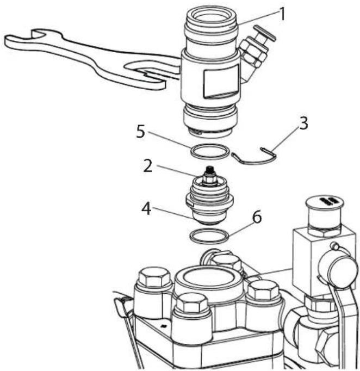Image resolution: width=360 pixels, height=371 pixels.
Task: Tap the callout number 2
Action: point(147,166)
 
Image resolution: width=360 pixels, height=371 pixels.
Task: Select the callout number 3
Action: point(303,123)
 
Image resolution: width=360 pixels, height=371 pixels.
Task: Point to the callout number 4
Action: point(146,208)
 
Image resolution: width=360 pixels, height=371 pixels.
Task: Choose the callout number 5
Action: point(140,131)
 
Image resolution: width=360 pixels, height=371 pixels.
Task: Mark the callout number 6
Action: point(257,217)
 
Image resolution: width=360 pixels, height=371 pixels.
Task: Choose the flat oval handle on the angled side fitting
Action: point(265,32)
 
